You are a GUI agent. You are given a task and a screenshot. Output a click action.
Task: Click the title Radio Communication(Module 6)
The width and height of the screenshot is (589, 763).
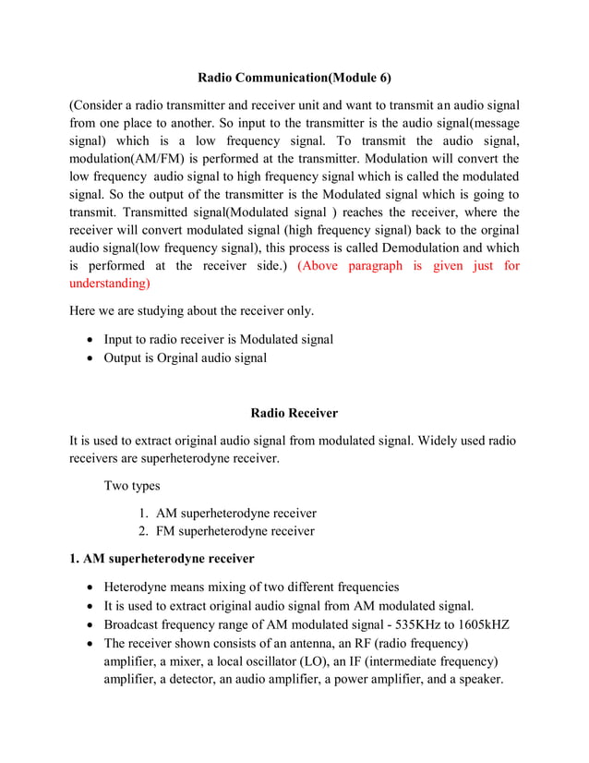pyautogui.click(x=294, y=78)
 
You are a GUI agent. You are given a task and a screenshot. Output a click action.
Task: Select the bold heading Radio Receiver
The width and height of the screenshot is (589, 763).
pyautogui.click(x=294, y=413)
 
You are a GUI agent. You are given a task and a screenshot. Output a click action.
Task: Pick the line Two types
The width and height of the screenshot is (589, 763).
pyautogui.click(x=132, y=486)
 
